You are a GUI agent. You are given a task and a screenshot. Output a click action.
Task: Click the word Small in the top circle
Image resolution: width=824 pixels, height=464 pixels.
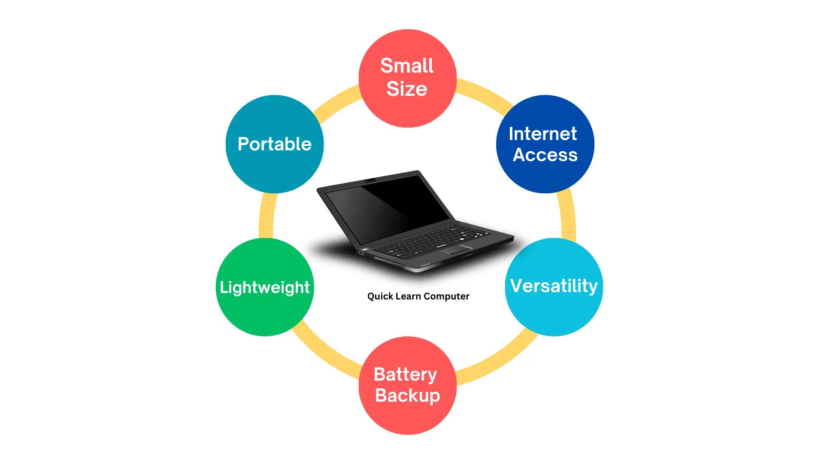pyautogui.click(x=407, y=66)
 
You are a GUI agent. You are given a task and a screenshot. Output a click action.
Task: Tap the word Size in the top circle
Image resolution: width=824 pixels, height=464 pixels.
pyautogui.click(x=407, y=89)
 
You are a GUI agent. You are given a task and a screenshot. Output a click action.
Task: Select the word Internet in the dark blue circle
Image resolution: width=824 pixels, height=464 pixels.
pyautogui.click(x=542, y=134)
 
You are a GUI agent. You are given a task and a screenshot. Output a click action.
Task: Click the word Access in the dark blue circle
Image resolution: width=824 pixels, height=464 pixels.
pyautogui.click(x=545, y=155)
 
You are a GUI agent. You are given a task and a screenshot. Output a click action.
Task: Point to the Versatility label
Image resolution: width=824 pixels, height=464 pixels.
pyautogui.click(x=554, y=286)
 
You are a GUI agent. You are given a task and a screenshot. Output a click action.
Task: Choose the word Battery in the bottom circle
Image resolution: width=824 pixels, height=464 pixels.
pyautogui.click(x=405, y=374)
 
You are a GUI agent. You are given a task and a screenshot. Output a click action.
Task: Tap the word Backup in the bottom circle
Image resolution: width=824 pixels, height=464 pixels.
pyautogui.click(x=407, y=395)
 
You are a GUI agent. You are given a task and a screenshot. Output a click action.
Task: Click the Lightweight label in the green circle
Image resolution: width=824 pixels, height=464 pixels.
pyautogui.click(x=264, y=287)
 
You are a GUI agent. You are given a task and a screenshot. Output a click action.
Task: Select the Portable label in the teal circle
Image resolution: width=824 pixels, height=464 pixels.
pyautogui.click(x=275, y=144)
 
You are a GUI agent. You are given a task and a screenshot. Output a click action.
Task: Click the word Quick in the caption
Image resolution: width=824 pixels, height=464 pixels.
pyautogui.click(x=380, y=296)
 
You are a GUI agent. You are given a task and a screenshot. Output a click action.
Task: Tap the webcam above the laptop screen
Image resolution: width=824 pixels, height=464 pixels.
pyautogui.click(x=370, y=180)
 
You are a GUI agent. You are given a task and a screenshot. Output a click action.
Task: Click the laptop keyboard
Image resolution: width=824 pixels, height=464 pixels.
pyautogui.click(x=433, y=241)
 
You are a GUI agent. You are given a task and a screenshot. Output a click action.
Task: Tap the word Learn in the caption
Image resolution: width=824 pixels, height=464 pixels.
pyautogui.click(x=408, y=296)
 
